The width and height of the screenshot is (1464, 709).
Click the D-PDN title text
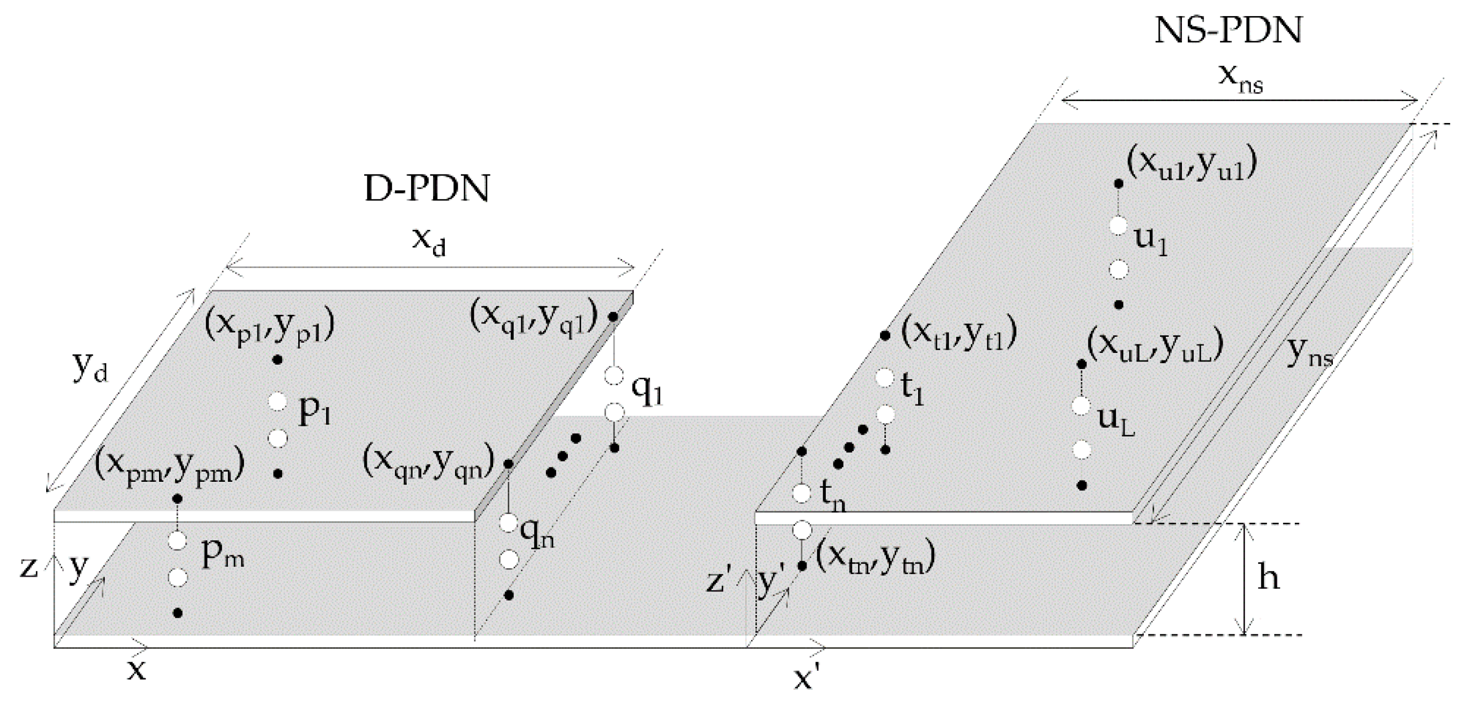(x=426, y=189)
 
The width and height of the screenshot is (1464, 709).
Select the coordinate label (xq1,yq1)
(x=533, y=316)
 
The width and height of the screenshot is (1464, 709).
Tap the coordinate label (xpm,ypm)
(x=169, y=466)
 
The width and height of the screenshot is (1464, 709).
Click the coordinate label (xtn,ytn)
(x=875, y=560)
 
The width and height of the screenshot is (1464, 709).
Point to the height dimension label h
(x=1268, y=578)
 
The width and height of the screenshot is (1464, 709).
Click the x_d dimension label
(x=429, y=242)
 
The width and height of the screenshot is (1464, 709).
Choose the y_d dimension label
(x=90, y=368)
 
